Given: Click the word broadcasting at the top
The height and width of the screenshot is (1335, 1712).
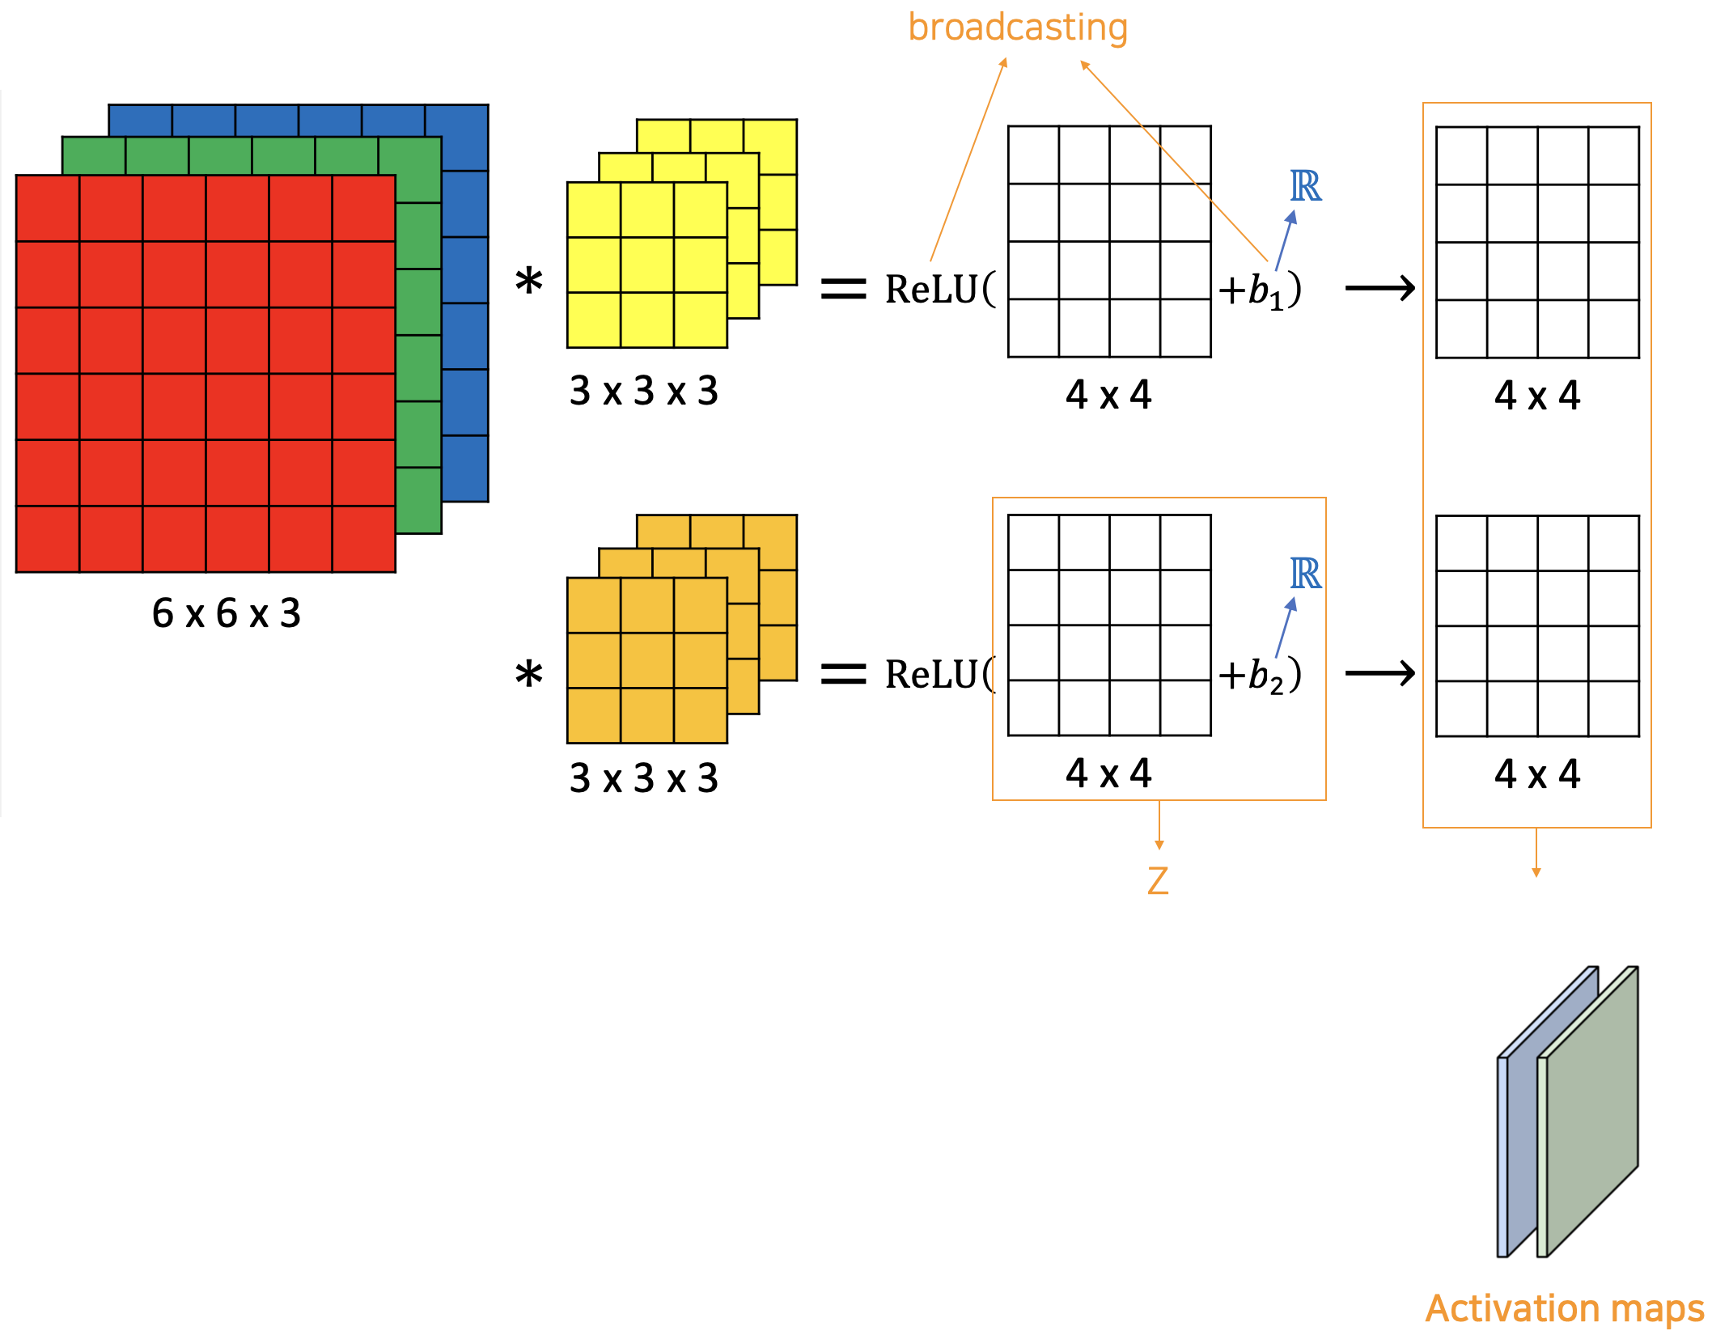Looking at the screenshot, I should click(x=1018, y=28).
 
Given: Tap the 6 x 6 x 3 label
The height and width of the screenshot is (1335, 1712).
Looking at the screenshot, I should click(x=227, y=613).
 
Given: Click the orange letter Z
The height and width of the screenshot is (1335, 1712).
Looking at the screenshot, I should click(x=1158, y=881).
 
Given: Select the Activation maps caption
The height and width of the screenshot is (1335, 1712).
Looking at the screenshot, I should click(x=1565, y=1308).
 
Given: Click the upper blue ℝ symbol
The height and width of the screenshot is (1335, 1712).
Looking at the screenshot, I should click(x=1305, y=187).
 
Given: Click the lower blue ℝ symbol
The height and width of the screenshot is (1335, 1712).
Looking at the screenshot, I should click(x=1305, y=574).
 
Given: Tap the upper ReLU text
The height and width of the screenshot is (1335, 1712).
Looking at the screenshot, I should click(x=932, y=290).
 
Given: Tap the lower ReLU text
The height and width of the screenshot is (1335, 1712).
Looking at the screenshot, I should click(x=932, y=675).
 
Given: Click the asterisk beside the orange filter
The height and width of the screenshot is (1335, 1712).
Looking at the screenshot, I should click(x=529, y=675).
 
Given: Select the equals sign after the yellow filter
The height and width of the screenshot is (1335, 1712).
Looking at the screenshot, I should click(x=843, y=289).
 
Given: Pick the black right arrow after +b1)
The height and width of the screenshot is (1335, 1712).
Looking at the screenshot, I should click(x=1380, y=288).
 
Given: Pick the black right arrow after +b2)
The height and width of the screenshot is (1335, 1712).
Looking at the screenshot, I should click(x=1380, y=673).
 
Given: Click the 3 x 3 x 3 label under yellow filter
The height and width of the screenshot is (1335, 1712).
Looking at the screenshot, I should click(x=644, y=392).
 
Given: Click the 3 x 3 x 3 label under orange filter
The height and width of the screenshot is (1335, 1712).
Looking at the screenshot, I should click(x=644, y=778).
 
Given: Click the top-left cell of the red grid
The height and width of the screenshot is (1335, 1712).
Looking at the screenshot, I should click(x=48, y=208).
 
